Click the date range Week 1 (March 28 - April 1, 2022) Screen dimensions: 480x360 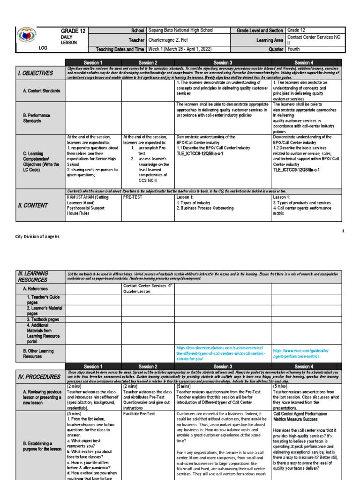pos(184,49)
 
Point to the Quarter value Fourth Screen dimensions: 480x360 pos(294,49)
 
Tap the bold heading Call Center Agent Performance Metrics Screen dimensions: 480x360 pos(303,417)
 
